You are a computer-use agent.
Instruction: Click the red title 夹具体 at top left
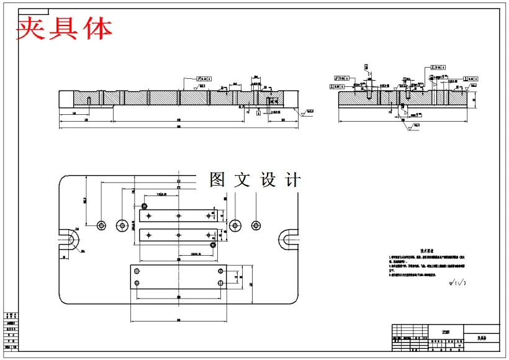[x=64, y=29]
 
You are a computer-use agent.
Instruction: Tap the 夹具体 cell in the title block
[x=482, y=338]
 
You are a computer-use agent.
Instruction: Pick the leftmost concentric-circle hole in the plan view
[x=102, y=225]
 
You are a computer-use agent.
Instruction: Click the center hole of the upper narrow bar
[x=179, y=215]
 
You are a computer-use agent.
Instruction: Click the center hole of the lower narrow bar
[x=179, y=235]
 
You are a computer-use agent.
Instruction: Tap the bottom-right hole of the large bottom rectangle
[x=220, y=283]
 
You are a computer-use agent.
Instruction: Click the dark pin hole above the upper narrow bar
[x=145, y=205]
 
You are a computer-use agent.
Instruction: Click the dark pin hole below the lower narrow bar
[x=213, y=245]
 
